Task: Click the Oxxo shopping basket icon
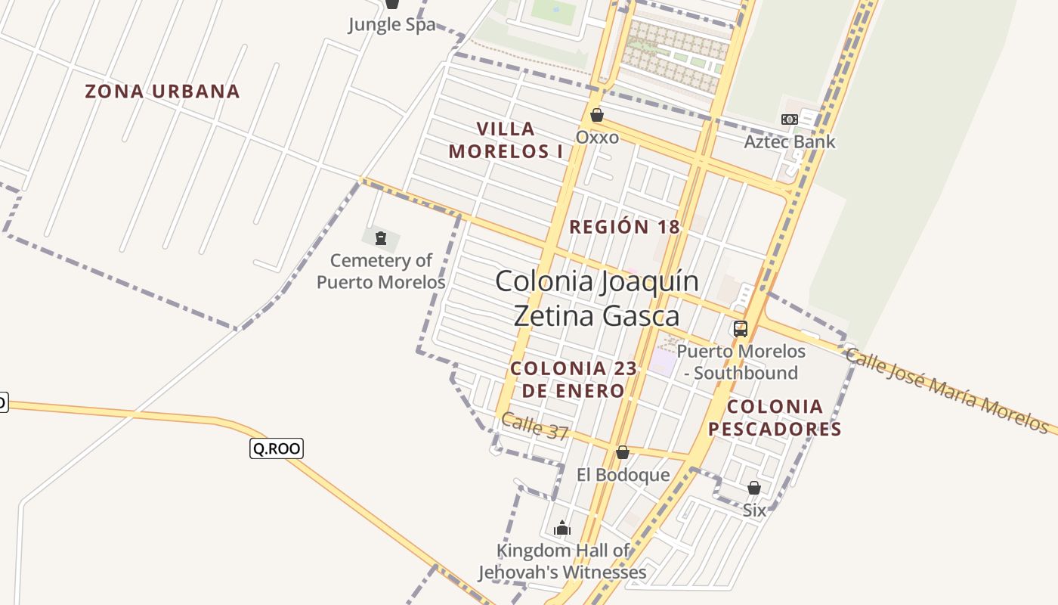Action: [x=597, y=116]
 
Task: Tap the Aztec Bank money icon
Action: [x=789, y=119]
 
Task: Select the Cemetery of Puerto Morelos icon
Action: [x=380, y=239]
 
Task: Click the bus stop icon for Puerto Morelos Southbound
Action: [x=740, y=329]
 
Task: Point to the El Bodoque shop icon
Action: [x=623, y=452]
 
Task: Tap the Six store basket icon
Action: [x=754, y=488]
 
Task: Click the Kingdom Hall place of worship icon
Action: [x=561, y=528]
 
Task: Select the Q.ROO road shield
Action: [x=277, y=448]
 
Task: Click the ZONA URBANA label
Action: [x=162, y=92]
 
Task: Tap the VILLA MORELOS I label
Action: [x=506, y=140]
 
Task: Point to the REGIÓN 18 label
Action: [x=624, y=227]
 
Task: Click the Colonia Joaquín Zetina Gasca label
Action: [x=596, y=298]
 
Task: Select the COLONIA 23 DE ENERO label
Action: [x=574, y=380]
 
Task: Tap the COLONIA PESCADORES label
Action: [x=775, y=417]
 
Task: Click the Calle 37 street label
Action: [x=534, y=427]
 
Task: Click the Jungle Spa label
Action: [x=391, y=25]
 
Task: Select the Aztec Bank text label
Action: [x=790, y=141]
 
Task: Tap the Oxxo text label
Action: [x=597, y=138]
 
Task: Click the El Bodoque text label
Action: [x=623, y=475]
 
